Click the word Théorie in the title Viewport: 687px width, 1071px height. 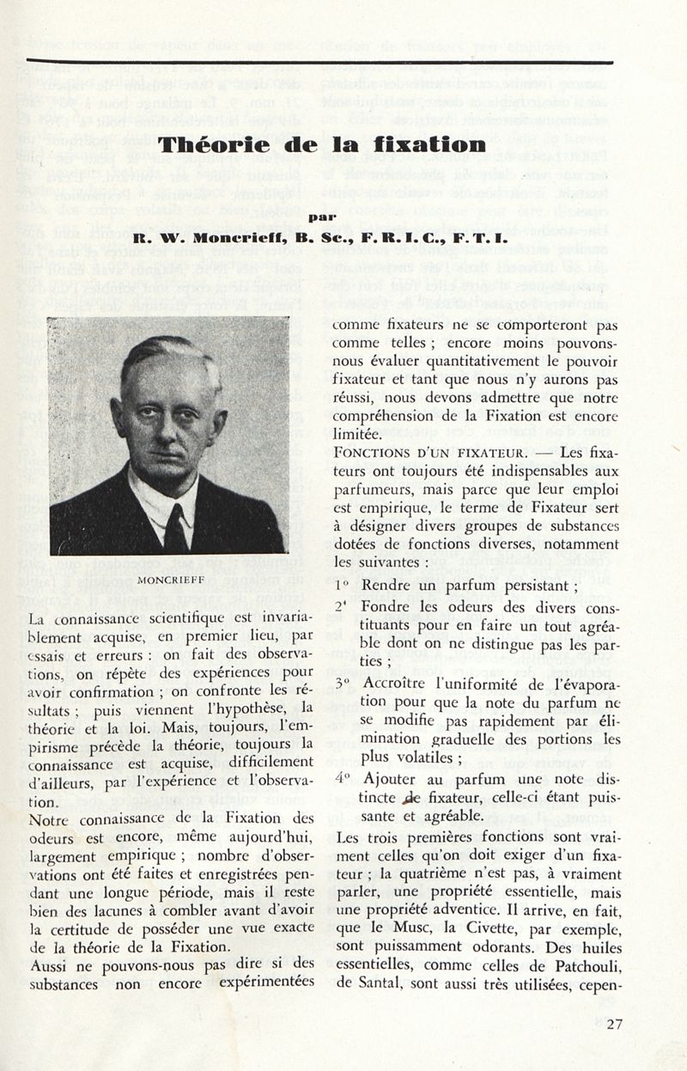click(210, 143)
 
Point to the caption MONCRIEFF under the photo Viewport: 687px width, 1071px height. click(170, 579)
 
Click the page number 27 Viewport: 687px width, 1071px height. click(614, 1023)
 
